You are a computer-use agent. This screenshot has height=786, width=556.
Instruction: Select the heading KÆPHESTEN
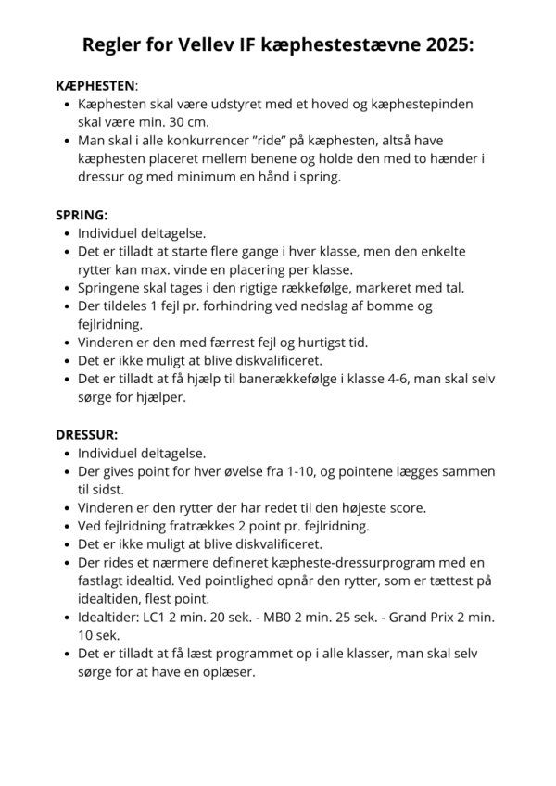coord(95,84)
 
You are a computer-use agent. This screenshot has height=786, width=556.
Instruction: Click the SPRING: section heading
coord(82,214)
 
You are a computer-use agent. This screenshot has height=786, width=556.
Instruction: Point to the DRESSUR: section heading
coord(87,434)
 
